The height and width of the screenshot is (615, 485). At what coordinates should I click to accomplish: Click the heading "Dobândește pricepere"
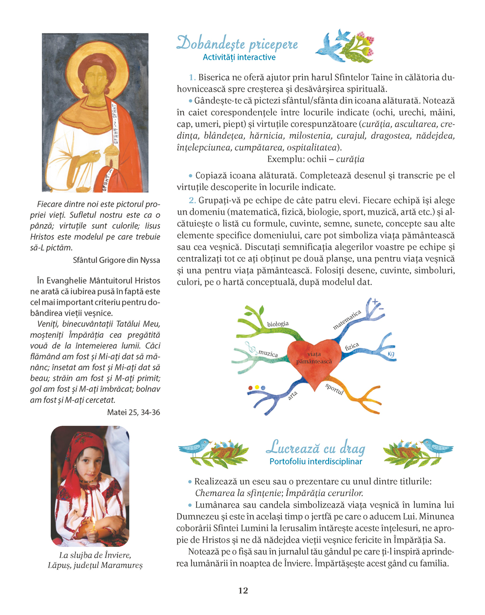237,44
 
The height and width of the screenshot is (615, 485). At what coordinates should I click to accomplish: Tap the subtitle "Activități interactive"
239,57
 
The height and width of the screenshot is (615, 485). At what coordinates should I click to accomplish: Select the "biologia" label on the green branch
278,324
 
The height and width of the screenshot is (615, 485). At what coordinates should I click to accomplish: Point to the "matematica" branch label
347,320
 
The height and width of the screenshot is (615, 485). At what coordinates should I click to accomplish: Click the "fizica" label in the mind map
352,346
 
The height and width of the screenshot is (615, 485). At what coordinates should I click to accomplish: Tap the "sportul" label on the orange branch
334,389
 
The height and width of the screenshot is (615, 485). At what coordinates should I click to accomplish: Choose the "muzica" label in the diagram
268,353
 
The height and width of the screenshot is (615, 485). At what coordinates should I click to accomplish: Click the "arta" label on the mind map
293,394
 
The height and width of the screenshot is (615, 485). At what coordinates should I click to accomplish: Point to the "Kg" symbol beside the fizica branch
391,354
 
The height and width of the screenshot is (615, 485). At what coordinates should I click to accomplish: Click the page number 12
243,590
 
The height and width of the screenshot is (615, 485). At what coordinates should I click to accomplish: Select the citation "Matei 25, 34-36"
134,412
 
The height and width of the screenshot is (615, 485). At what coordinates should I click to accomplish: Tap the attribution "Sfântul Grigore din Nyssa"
117,260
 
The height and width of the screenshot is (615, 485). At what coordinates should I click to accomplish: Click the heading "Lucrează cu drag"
315,448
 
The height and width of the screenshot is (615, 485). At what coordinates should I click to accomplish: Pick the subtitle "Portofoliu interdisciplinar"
316,461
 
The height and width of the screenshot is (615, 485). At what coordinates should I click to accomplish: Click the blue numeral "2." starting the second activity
192,200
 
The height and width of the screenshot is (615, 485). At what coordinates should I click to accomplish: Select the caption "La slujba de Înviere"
95,555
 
